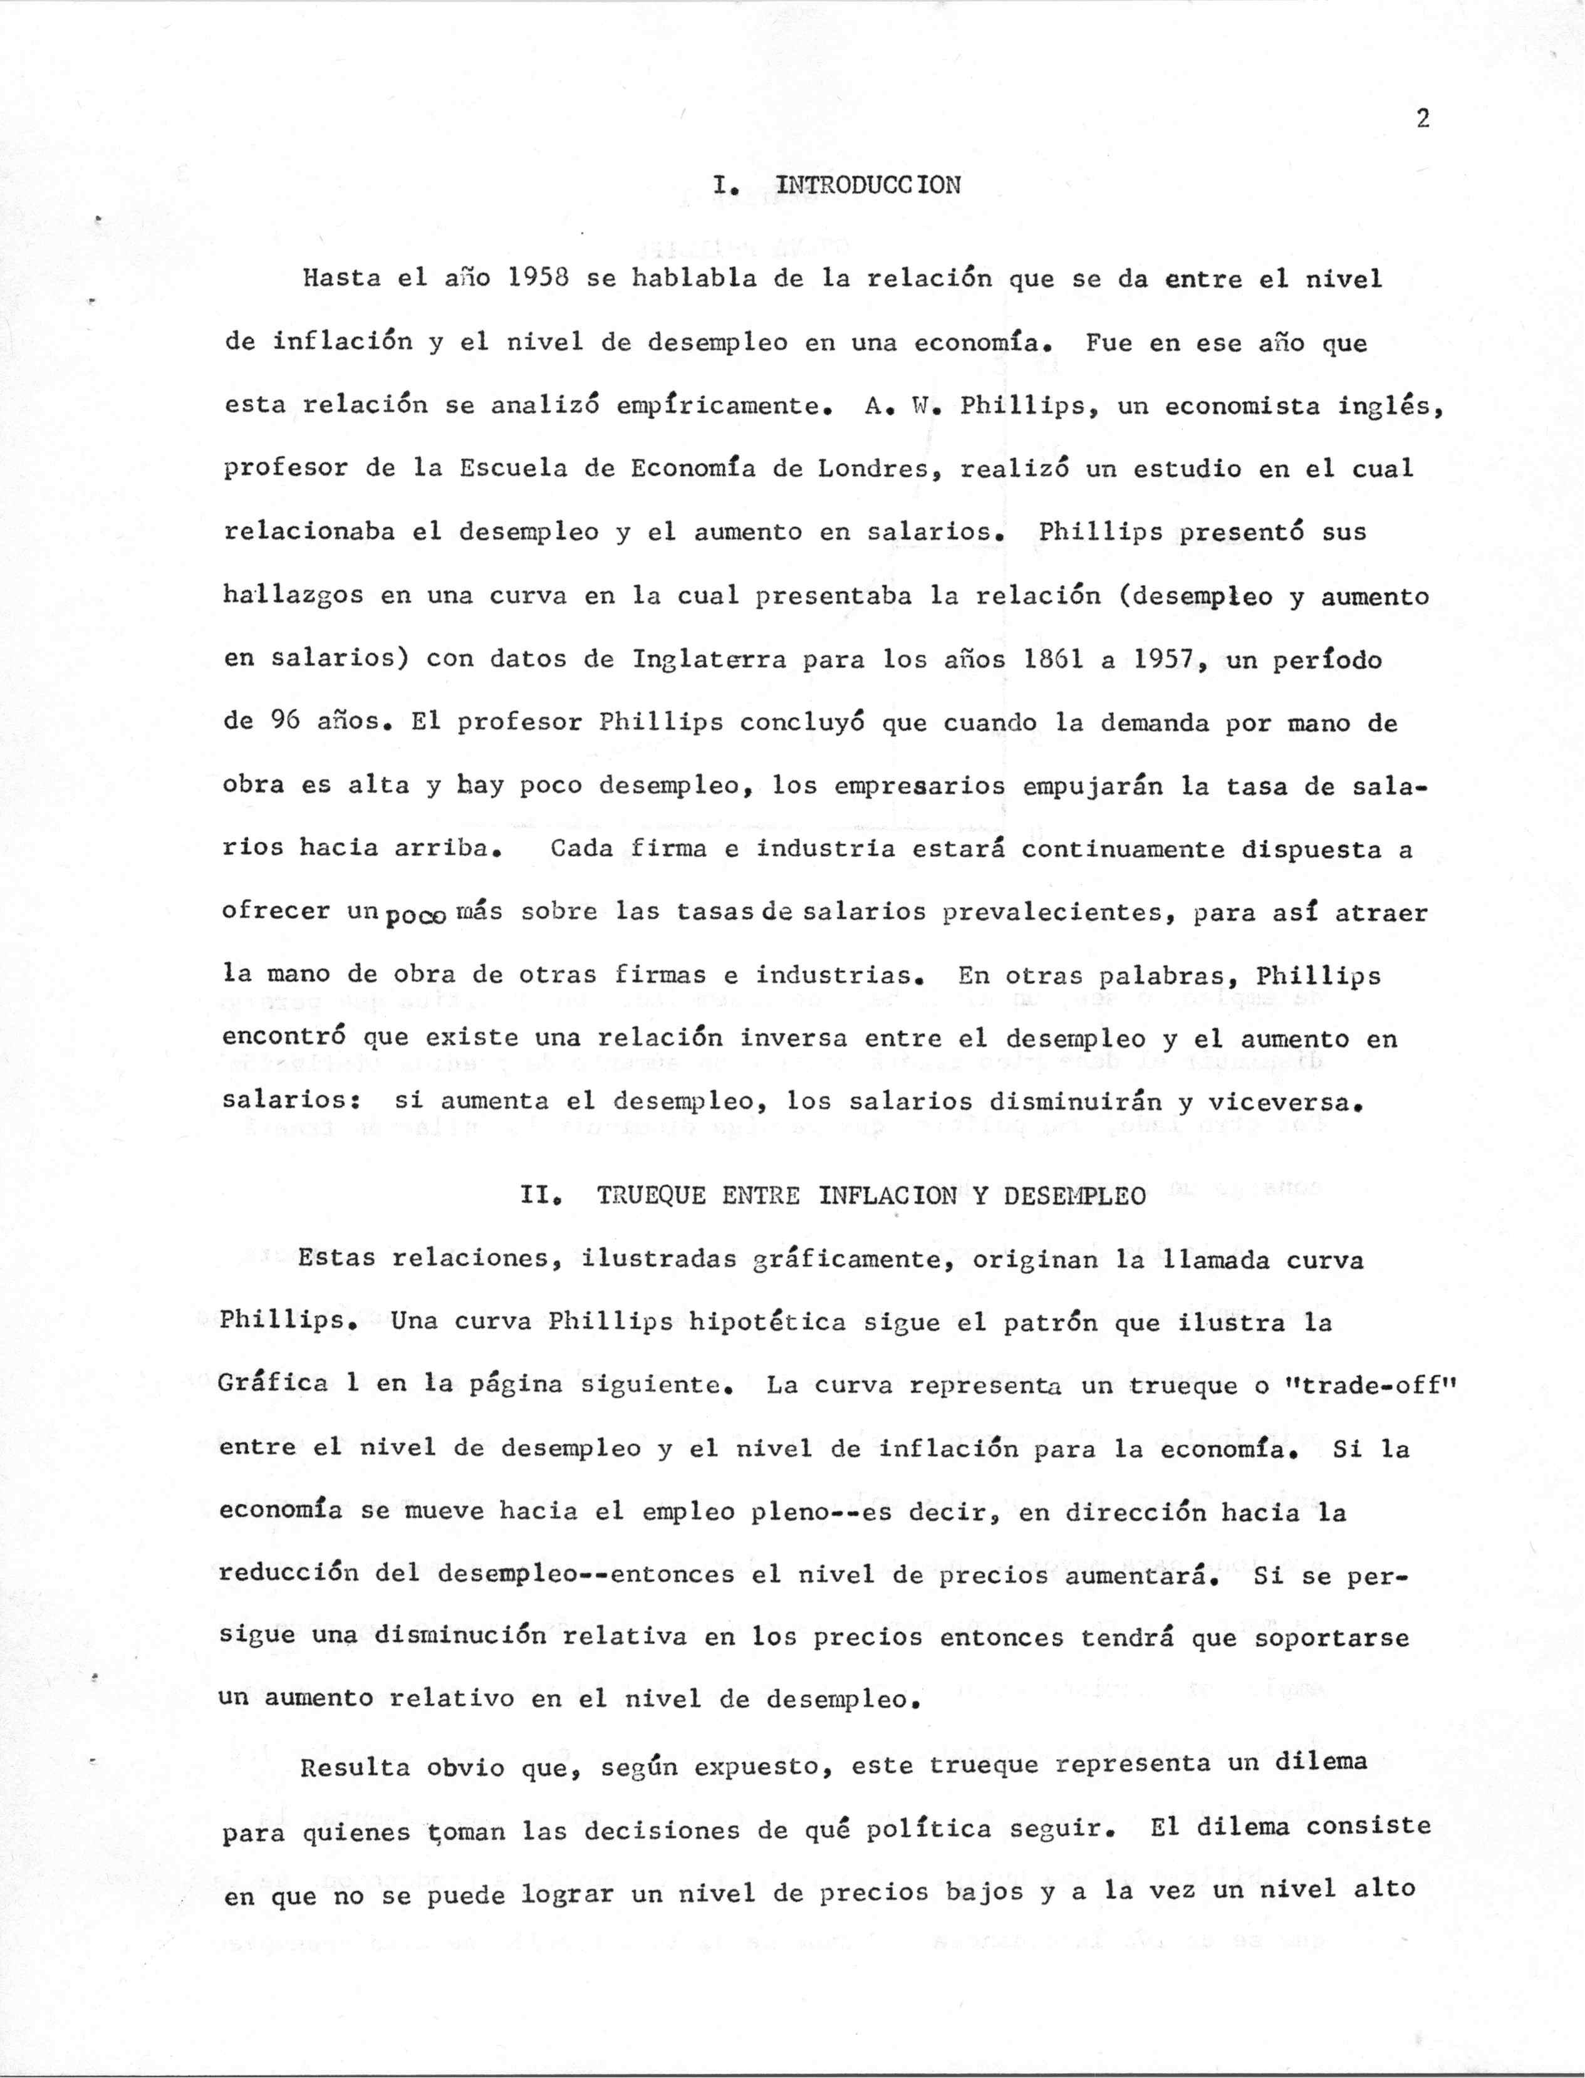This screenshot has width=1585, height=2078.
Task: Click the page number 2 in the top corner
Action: (1423, 119)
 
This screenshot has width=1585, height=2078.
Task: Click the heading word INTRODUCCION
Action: (868, 185)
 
